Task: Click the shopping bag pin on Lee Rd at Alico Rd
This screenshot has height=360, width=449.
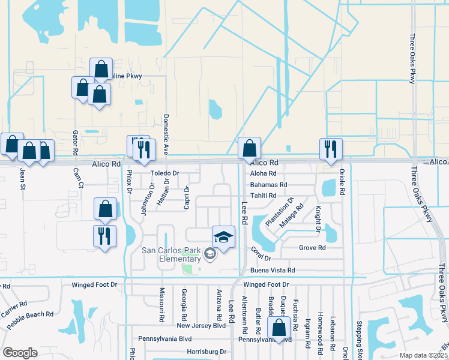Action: click(249, 149)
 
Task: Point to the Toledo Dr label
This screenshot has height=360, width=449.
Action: click(164, 173)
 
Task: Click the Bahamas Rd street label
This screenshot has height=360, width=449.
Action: click(268, 185)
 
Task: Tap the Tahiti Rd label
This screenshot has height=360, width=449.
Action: click(264, 196)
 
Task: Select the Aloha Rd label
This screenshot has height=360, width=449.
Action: click(263, 173)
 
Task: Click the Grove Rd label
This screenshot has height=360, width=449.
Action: click(312, 247)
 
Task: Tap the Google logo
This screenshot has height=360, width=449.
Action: click(20, 353)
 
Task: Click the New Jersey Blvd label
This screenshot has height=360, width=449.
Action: click(201, 326)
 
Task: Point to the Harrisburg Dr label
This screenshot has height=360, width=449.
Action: click(206, 352)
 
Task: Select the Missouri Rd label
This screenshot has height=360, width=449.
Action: click(161, 303)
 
